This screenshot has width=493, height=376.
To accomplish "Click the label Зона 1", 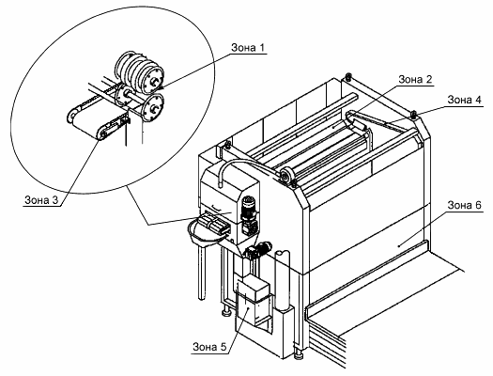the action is click(248, 48).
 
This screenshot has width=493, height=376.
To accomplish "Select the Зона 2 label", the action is click(415, 80).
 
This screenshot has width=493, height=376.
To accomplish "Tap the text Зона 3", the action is click(41, 200).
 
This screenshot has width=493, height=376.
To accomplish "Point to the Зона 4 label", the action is click(464, 100).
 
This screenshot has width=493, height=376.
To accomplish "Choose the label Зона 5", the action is click(209, 347).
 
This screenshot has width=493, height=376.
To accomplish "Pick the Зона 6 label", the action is click(464, 205).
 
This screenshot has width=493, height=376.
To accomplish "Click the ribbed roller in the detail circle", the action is click(139, 72).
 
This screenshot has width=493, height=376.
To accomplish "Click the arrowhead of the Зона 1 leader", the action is click(160, 87).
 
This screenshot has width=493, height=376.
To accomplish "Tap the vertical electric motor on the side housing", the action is click(248, 208).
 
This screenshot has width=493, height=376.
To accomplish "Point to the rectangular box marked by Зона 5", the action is click(254, 301).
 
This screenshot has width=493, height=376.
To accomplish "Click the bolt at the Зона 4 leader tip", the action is click(414, 114).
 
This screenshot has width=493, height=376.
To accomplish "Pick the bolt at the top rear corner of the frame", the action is click(348, 76).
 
